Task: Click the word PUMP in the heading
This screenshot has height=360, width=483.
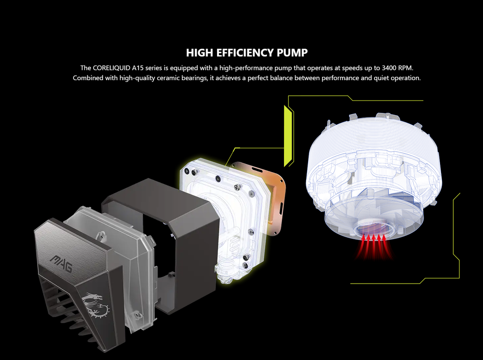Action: [292, 53]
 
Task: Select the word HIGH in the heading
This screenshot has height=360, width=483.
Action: [200, 53]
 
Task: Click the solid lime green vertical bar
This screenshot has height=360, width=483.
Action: [288, 136]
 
